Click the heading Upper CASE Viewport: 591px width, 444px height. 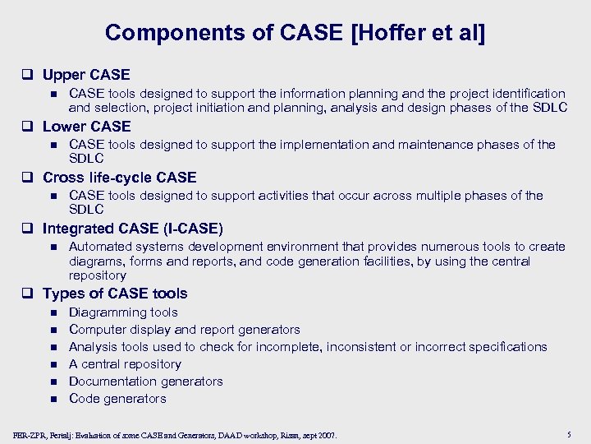click(86, 75)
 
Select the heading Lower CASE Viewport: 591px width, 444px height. click(86, 126)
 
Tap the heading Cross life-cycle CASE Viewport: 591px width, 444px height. click(119, 178)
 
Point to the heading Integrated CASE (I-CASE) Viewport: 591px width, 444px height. click(132, 229)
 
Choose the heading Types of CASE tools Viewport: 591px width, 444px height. click(114, 294)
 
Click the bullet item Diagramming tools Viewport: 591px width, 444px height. click(123, 312)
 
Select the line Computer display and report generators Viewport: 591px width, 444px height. click(184, 330)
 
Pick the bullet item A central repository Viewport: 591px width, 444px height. click(125, 364)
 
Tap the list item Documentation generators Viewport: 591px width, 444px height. click(145, 382)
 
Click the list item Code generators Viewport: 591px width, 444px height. click(117, 399)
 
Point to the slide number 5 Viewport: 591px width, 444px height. click(569, 434)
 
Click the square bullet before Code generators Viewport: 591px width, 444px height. click(53, 400)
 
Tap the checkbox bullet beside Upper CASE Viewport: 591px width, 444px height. click(31, 76)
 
